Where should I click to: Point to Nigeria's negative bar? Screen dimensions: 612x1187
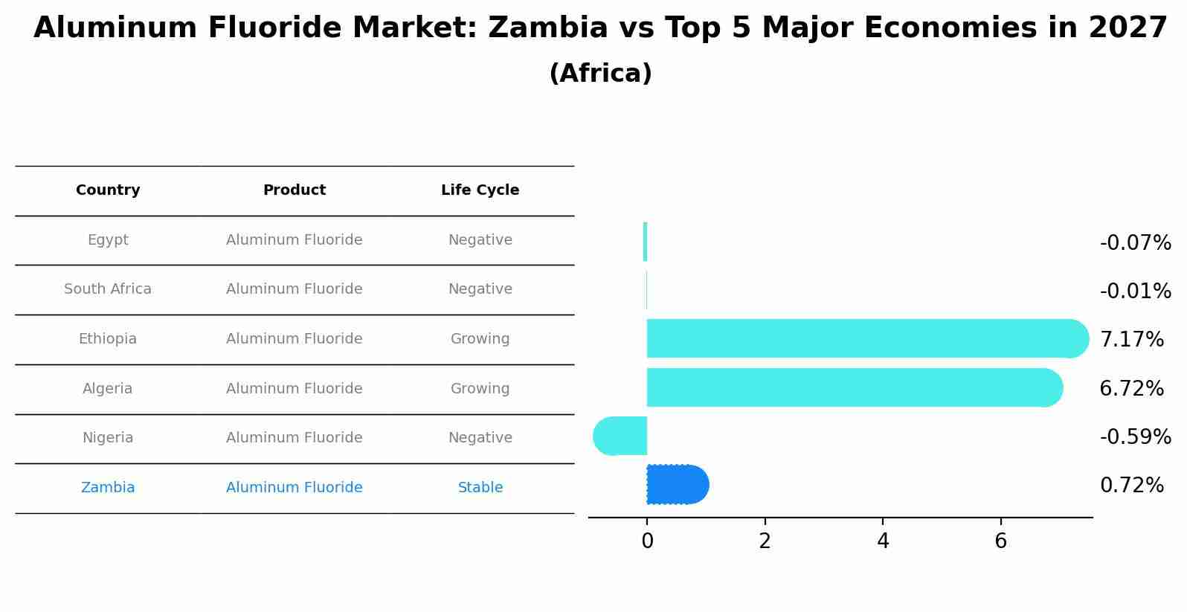620,436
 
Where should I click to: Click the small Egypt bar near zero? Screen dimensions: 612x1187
645,242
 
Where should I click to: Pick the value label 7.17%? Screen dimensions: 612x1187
1131,340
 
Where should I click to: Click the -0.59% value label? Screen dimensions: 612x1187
1135,437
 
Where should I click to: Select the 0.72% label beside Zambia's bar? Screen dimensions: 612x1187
1131,486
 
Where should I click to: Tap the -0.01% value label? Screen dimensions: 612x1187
1135,291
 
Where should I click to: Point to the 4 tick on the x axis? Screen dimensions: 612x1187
883,541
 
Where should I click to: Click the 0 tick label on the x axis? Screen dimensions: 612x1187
647,541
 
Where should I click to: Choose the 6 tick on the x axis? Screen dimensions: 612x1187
1000,541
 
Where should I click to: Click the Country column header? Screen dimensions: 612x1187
108,190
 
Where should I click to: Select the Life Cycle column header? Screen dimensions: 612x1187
480,190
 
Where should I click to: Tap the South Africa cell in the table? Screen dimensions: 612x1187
108,289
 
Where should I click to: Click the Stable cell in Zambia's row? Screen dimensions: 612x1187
480,488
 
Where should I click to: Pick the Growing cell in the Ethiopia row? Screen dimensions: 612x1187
480,339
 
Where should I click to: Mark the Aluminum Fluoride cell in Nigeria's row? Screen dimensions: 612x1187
294,438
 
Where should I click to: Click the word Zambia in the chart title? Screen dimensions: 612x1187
547,28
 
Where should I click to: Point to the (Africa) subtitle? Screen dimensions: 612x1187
600,74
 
